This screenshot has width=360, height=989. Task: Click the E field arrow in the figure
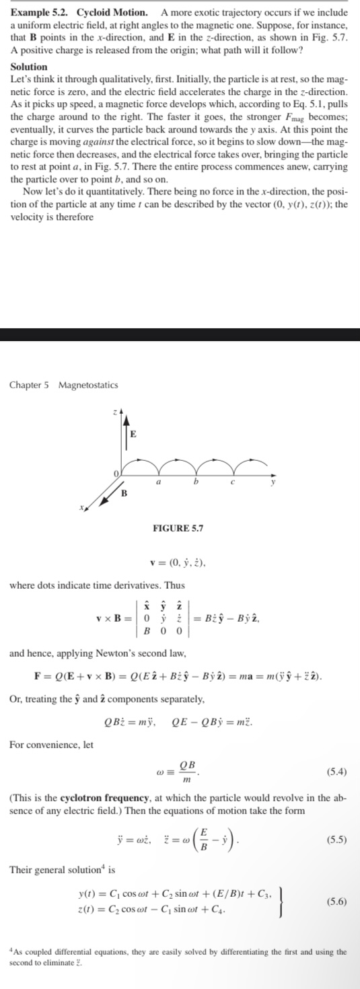125,431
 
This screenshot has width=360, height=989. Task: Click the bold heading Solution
29,67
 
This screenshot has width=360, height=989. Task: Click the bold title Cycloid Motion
112,13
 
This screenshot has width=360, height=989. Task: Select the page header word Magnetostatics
88,385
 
